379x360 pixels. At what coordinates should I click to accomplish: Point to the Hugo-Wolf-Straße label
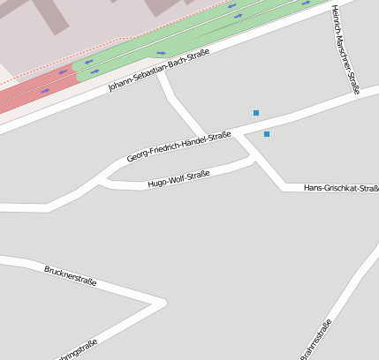coord(178,179)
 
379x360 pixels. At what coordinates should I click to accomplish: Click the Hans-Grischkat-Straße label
coord(341,188)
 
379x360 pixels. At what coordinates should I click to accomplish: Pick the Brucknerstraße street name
coord(70,276)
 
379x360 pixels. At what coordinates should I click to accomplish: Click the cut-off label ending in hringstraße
coord(76,350)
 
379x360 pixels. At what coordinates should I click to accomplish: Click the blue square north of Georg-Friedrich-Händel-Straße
coord(256,113)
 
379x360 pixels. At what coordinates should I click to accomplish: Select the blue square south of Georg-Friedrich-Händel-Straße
coord(266,134)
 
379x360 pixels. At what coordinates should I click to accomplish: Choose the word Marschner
coord(344,44)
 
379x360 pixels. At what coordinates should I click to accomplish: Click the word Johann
coord(121,83)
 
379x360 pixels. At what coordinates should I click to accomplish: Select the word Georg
coord(137,155)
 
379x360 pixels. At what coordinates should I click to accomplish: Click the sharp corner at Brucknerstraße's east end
coord(163,304)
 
